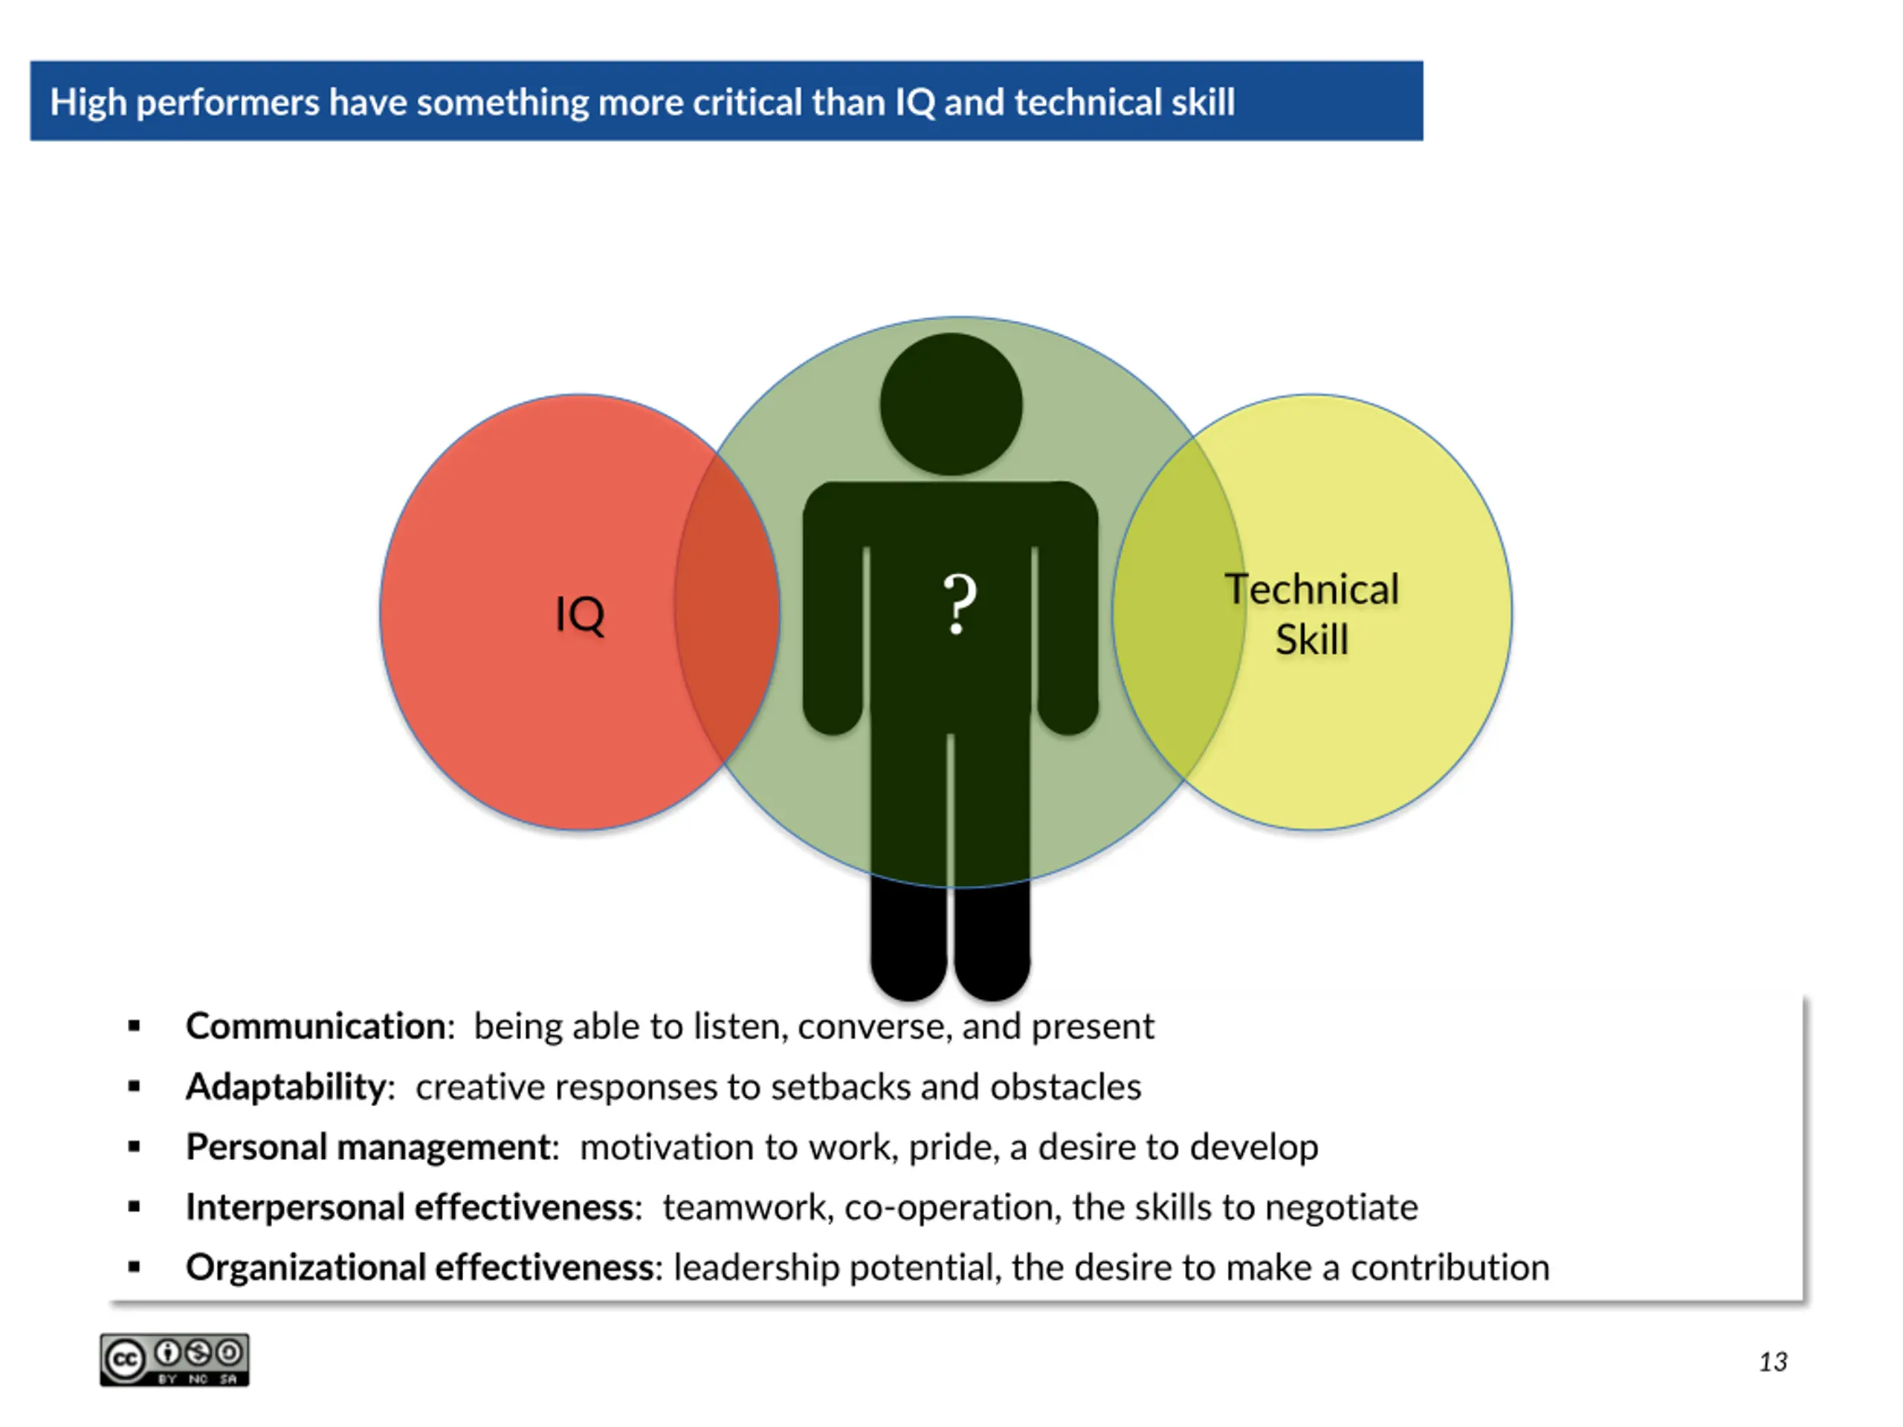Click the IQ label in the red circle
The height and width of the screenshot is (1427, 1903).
(x=580, y=614)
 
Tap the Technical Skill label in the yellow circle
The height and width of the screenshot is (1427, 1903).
(x=1311, y=614)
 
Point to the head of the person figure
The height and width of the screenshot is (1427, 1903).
(x=951, y=404)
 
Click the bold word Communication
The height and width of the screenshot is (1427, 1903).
(x=315, y=1026)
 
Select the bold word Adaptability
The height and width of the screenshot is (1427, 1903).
(x=285, y=1087)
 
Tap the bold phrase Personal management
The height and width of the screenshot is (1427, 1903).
(x=368, y=1147)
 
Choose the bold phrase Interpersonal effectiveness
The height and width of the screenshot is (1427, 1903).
(x=410, y=1207)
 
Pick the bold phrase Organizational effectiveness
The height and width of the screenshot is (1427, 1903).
(x=420, y=1267)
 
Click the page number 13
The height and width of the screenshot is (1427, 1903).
(x=1772, y=1362)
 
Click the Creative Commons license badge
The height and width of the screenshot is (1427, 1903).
(x=175, y=1360)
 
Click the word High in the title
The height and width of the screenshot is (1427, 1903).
(x=88, y=103)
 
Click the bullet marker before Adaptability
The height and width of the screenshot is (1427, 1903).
(x=135, y=1087)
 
